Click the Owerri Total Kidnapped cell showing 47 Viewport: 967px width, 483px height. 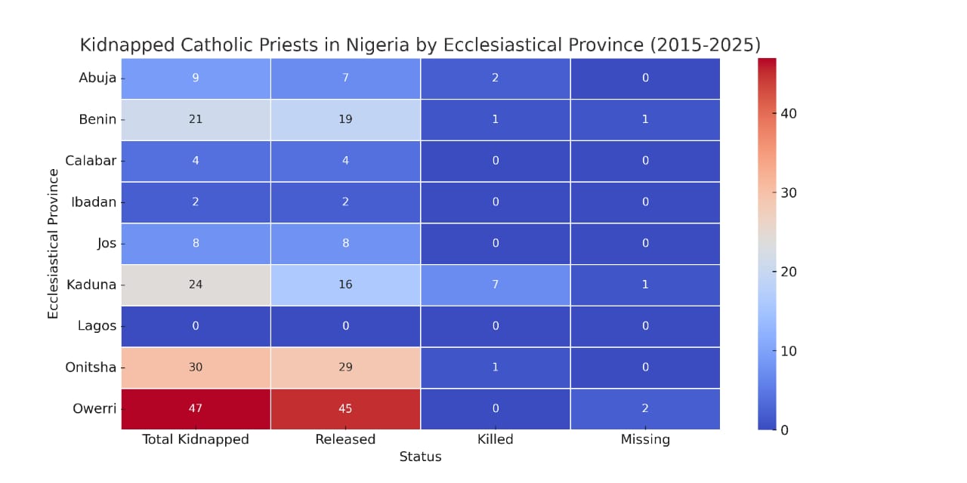[196, 408]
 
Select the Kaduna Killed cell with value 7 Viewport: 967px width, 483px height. [496, 285]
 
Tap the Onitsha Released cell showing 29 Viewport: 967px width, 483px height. [345, 367]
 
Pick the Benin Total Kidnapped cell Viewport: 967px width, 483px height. [196, 119]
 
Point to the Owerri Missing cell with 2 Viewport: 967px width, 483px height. [645, 408]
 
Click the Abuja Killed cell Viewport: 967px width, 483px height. [496, 78]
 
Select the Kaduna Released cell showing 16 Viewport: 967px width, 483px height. [345, 285]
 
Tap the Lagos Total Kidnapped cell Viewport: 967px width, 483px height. [196, 326]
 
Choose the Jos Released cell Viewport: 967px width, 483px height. [345, 243]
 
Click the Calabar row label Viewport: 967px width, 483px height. [91, 161]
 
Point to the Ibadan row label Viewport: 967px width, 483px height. [94, 202]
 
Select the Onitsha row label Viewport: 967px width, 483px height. [91, 367]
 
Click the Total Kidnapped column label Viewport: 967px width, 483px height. [196, 439]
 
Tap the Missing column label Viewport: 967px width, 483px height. [645, 439]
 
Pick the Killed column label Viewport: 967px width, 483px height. [496, 439]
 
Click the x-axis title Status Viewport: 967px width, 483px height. [420, 457]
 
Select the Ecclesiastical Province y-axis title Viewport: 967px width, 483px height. [53, 243]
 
